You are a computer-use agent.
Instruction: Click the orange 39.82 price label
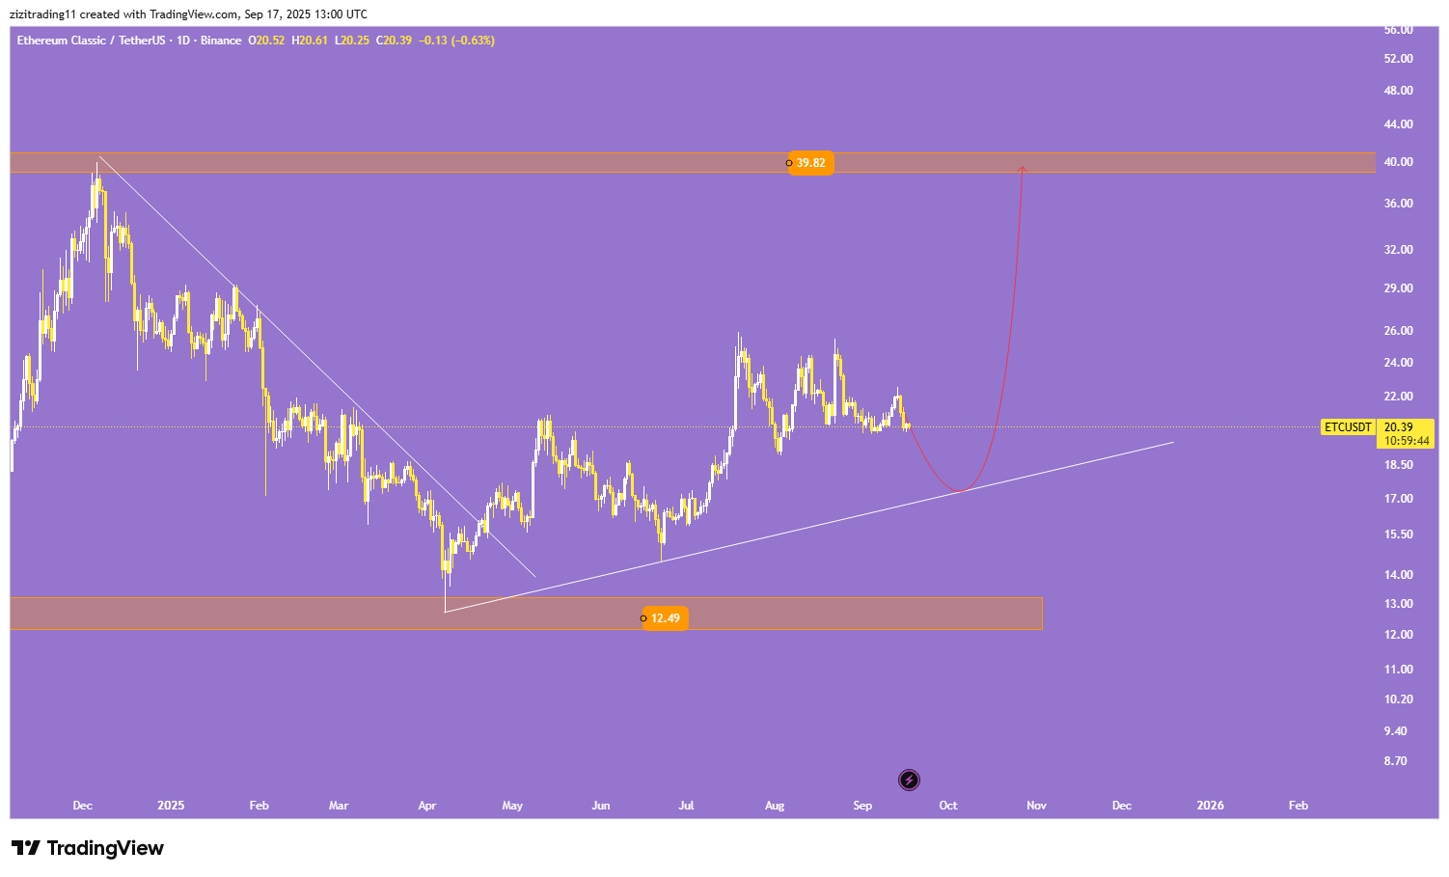[810, 163]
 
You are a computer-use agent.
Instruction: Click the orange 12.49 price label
[665, 618]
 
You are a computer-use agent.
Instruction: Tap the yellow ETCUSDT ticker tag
[1347, 426]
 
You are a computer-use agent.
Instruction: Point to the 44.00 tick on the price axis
[1398, 124]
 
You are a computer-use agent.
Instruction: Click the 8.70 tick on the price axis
[1395, 761]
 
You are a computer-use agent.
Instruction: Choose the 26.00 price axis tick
[1398, 331]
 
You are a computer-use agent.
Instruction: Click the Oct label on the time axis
[948, 806]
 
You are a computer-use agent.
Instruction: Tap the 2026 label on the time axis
[1210, 806]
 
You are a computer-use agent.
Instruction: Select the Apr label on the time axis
[427, 806]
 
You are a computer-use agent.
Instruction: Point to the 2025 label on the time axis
[171, 806]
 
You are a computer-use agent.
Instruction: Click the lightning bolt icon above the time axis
[909, 780]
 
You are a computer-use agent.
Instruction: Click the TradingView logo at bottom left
[88, 848]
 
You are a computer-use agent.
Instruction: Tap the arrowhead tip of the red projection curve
[1022, 168]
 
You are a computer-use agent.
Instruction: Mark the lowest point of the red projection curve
[959, 491]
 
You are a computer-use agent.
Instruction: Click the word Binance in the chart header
[221, 41]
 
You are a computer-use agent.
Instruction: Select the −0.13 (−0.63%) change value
[456, 41]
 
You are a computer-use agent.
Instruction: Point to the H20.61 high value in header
[310, 41]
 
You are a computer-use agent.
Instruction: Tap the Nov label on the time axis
[1036, 806]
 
